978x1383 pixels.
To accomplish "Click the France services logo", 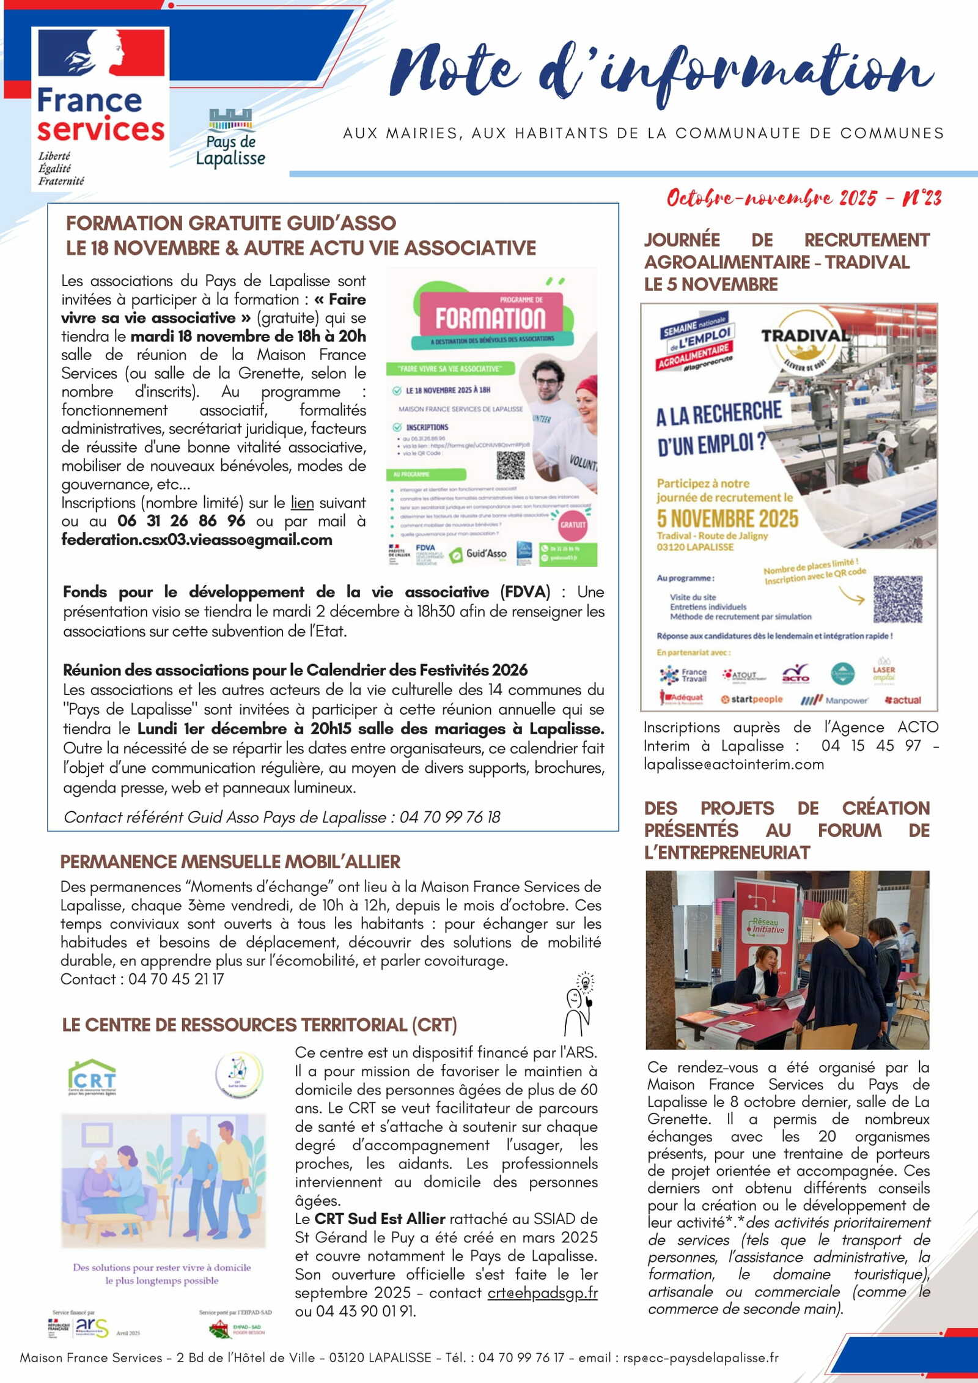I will (101, 107).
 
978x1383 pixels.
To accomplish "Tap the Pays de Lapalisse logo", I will (230, 138).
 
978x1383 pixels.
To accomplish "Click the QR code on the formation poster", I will (510, 465).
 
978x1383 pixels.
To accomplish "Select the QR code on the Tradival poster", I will (897, 599).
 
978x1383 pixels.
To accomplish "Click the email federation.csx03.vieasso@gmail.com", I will (197, 540).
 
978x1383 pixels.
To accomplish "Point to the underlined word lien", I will (302, 503).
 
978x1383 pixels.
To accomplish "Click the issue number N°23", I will (922, 198).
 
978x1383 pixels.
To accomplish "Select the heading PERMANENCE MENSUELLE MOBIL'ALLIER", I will (230, 861).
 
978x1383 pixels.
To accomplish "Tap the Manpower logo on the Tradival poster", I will (835, 700).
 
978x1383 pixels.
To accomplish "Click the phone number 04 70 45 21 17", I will (176, 979).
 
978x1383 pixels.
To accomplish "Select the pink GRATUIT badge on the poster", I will (573, 525).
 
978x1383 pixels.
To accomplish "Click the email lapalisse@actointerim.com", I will (733, 764).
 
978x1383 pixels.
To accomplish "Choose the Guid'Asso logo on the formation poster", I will (479, 554).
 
